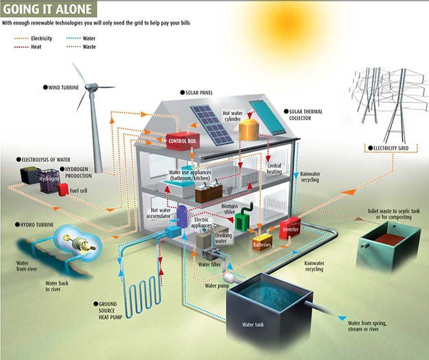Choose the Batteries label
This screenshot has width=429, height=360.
pos(262,243)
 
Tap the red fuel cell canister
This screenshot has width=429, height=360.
pos(63,189)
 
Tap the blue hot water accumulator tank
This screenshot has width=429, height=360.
pos(183,218)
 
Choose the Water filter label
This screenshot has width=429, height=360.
pos(209,263)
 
